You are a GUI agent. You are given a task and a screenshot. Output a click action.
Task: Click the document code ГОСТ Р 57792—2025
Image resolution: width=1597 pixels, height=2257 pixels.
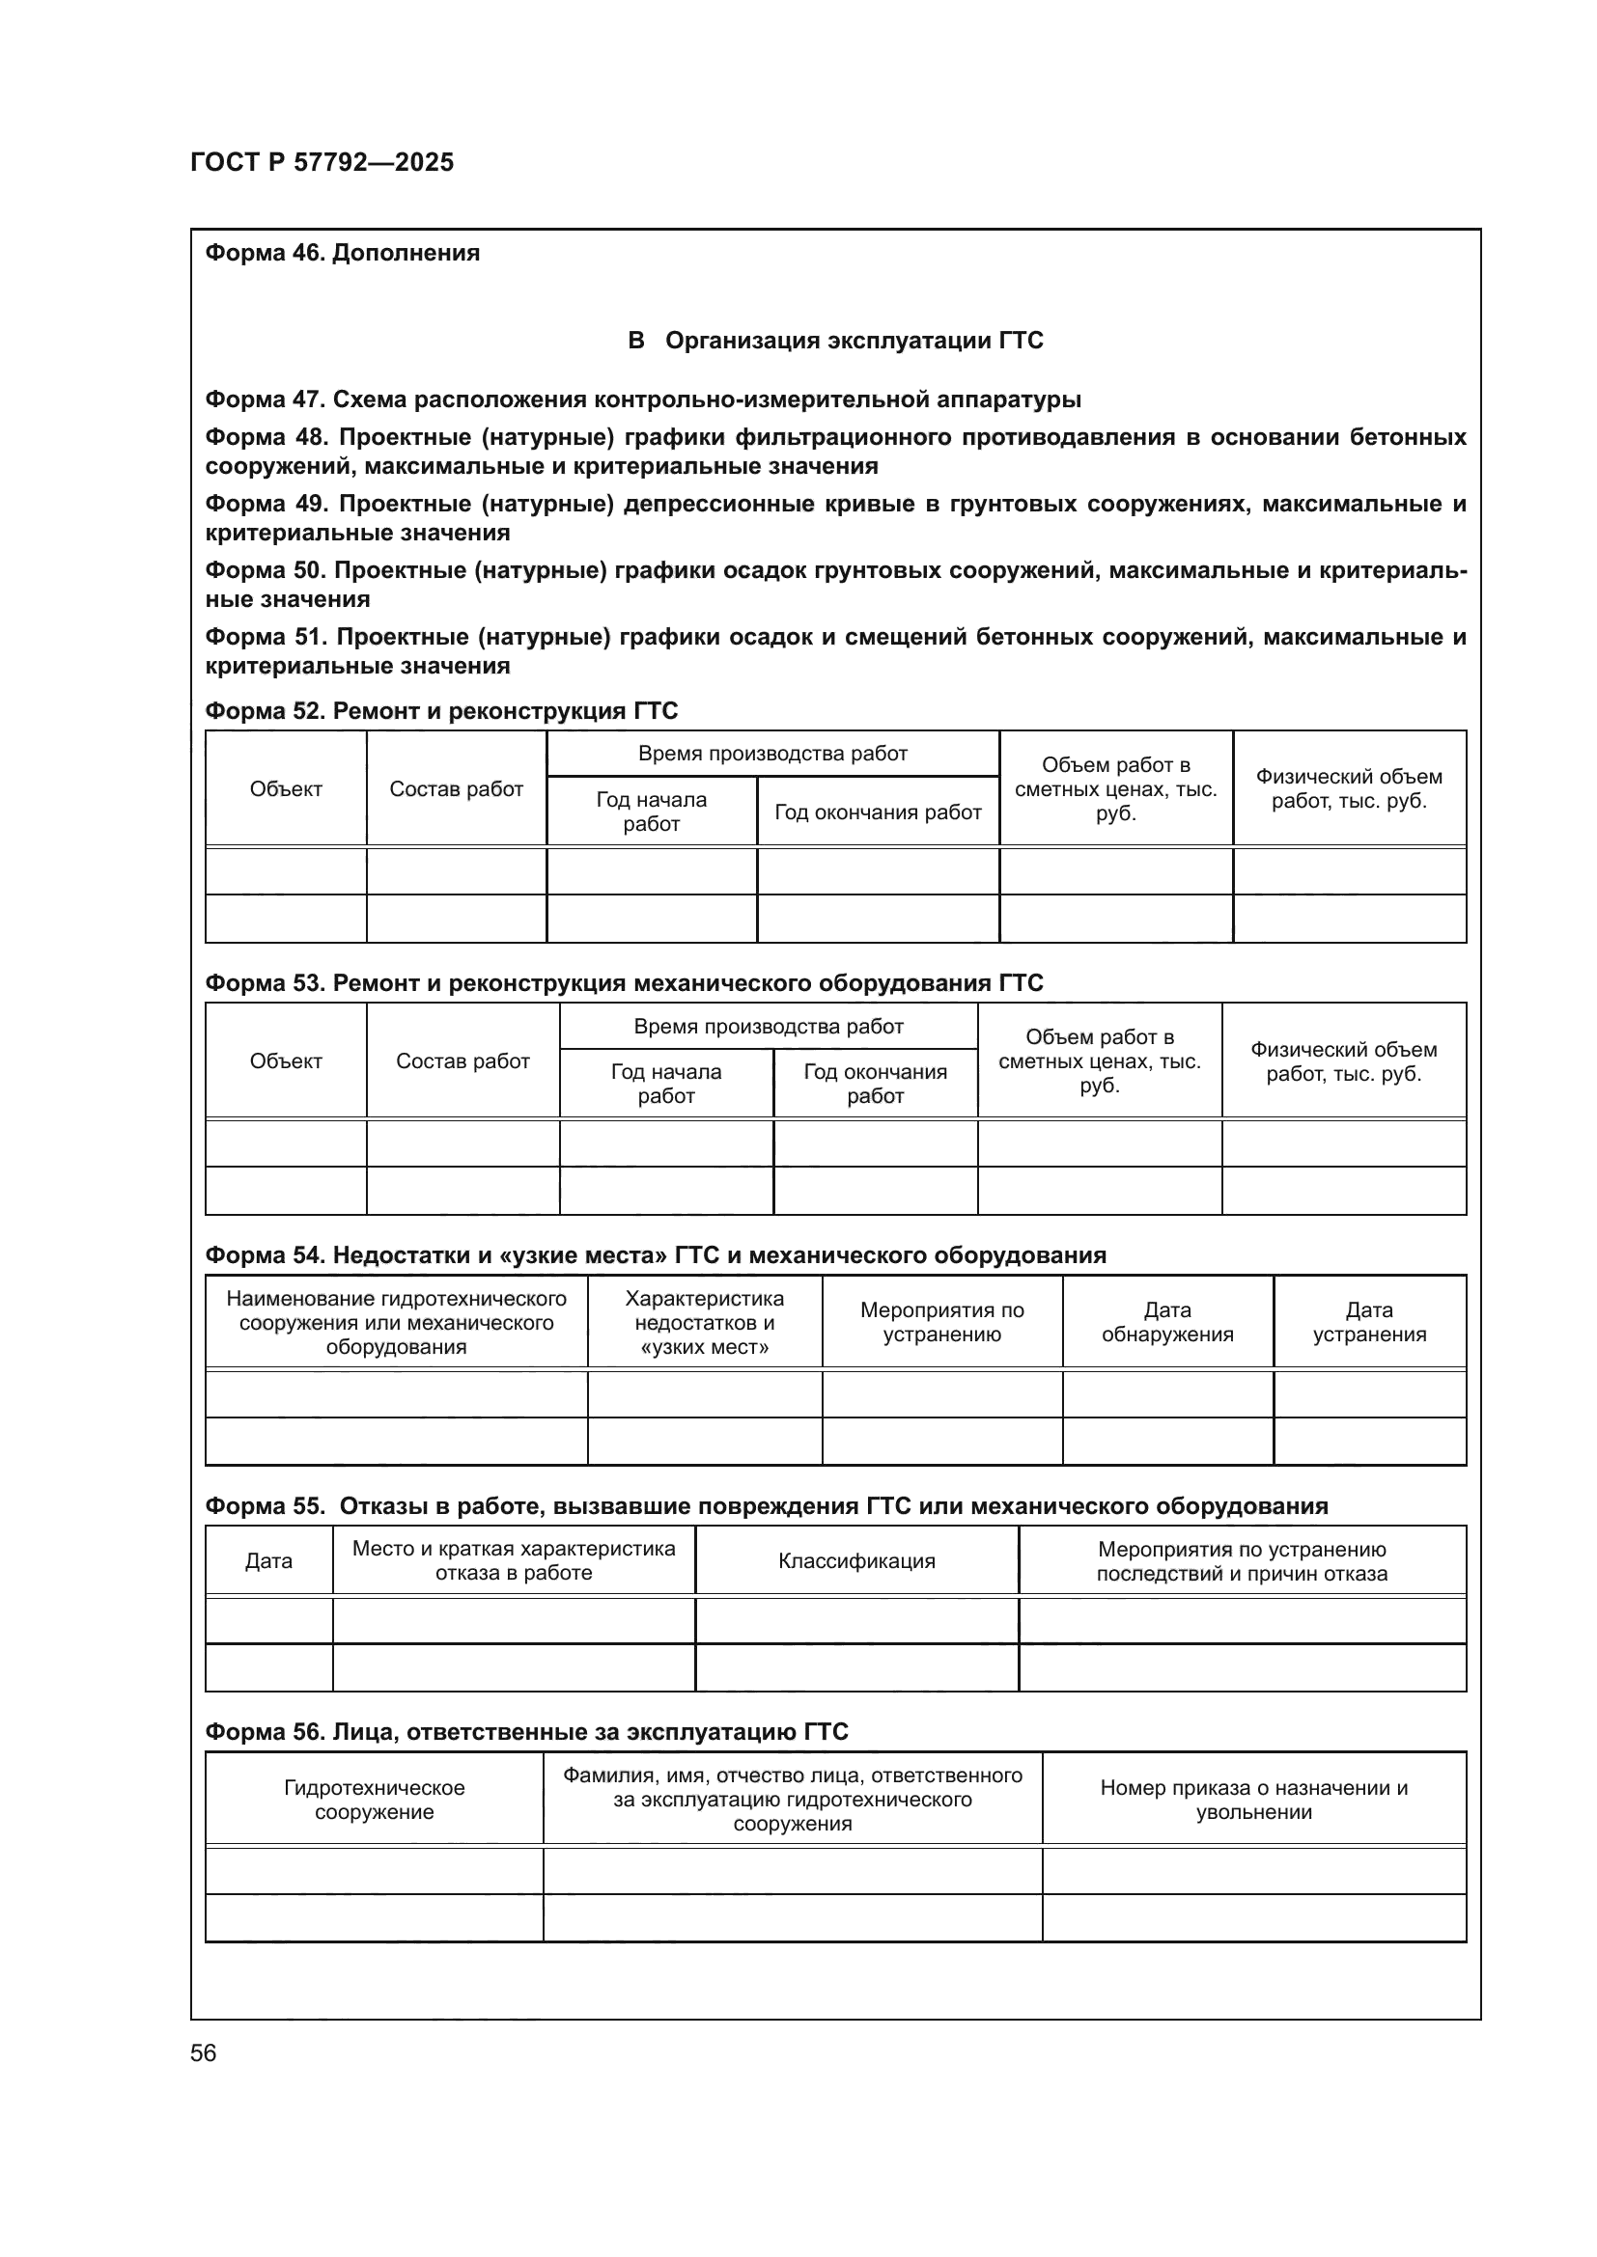click(x=322, y=162)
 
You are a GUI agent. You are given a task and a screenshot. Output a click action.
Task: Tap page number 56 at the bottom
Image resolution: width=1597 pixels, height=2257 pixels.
click(x=203, y=2052)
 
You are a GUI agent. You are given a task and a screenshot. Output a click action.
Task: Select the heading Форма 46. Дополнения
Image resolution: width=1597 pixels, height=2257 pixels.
click(x=342, y=253)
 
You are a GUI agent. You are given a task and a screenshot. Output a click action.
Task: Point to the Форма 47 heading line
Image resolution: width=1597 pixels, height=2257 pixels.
click(x=642, y=399)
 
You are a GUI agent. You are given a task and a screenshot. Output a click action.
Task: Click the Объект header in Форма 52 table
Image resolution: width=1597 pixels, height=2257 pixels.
click(x=285, y=788)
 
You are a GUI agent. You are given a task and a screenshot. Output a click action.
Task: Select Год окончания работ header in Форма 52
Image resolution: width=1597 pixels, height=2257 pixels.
click(x=877, y=812)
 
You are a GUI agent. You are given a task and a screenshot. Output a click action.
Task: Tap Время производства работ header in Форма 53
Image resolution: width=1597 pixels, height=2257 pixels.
click(x=768, y=1027)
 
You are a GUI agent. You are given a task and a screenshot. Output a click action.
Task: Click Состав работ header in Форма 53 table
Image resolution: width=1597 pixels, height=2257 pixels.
click(x=462, y=1060)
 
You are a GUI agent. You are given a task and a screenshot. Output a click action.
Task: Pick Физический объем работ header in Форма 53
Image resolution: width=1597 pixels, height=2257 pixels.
click(x=1343, y=1060)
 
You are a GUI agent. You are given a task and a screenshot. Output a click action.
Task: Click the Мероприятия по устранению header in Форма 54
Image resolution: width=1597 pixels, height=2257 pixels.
click(x=941, y=1321)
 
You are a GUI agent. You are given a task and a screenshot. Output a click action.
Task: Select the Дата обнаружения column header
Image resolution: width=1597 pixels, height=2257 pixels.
click(x=1167, y=1321)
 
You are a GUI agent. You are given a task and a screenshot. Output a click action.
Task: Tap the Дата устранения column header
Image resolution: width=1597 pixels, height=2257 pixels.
click(x=1369, y=1321)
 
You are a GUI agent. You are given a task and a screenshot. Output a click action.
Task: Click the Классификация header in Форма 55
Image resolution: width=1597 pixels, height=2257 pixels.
click(x=856, y=1560)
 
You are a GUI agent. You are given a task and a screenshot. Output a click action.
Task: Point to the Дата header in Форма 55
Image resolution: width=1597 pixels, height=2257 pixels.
click(x=268, y=1560)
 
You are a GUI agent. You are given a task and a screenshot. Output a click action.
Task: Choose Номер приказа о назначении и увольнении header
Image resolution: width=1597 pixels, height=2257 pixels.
click(x=1253, y=1799)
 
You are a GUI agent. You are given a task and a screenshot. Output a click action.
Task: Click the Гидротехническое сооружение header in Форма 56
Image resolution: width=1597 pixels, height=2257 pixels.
click(x=374, y=1799)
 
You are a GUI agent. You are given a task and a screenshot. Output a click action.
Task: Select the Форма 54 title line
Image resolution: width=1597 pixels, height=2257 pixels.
click(x=655, y=1255)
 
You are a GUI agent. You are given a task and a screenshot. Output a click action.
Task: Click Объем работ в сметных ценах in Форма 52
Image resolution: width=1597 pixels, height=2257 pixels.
click(x=1115, y=788)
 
